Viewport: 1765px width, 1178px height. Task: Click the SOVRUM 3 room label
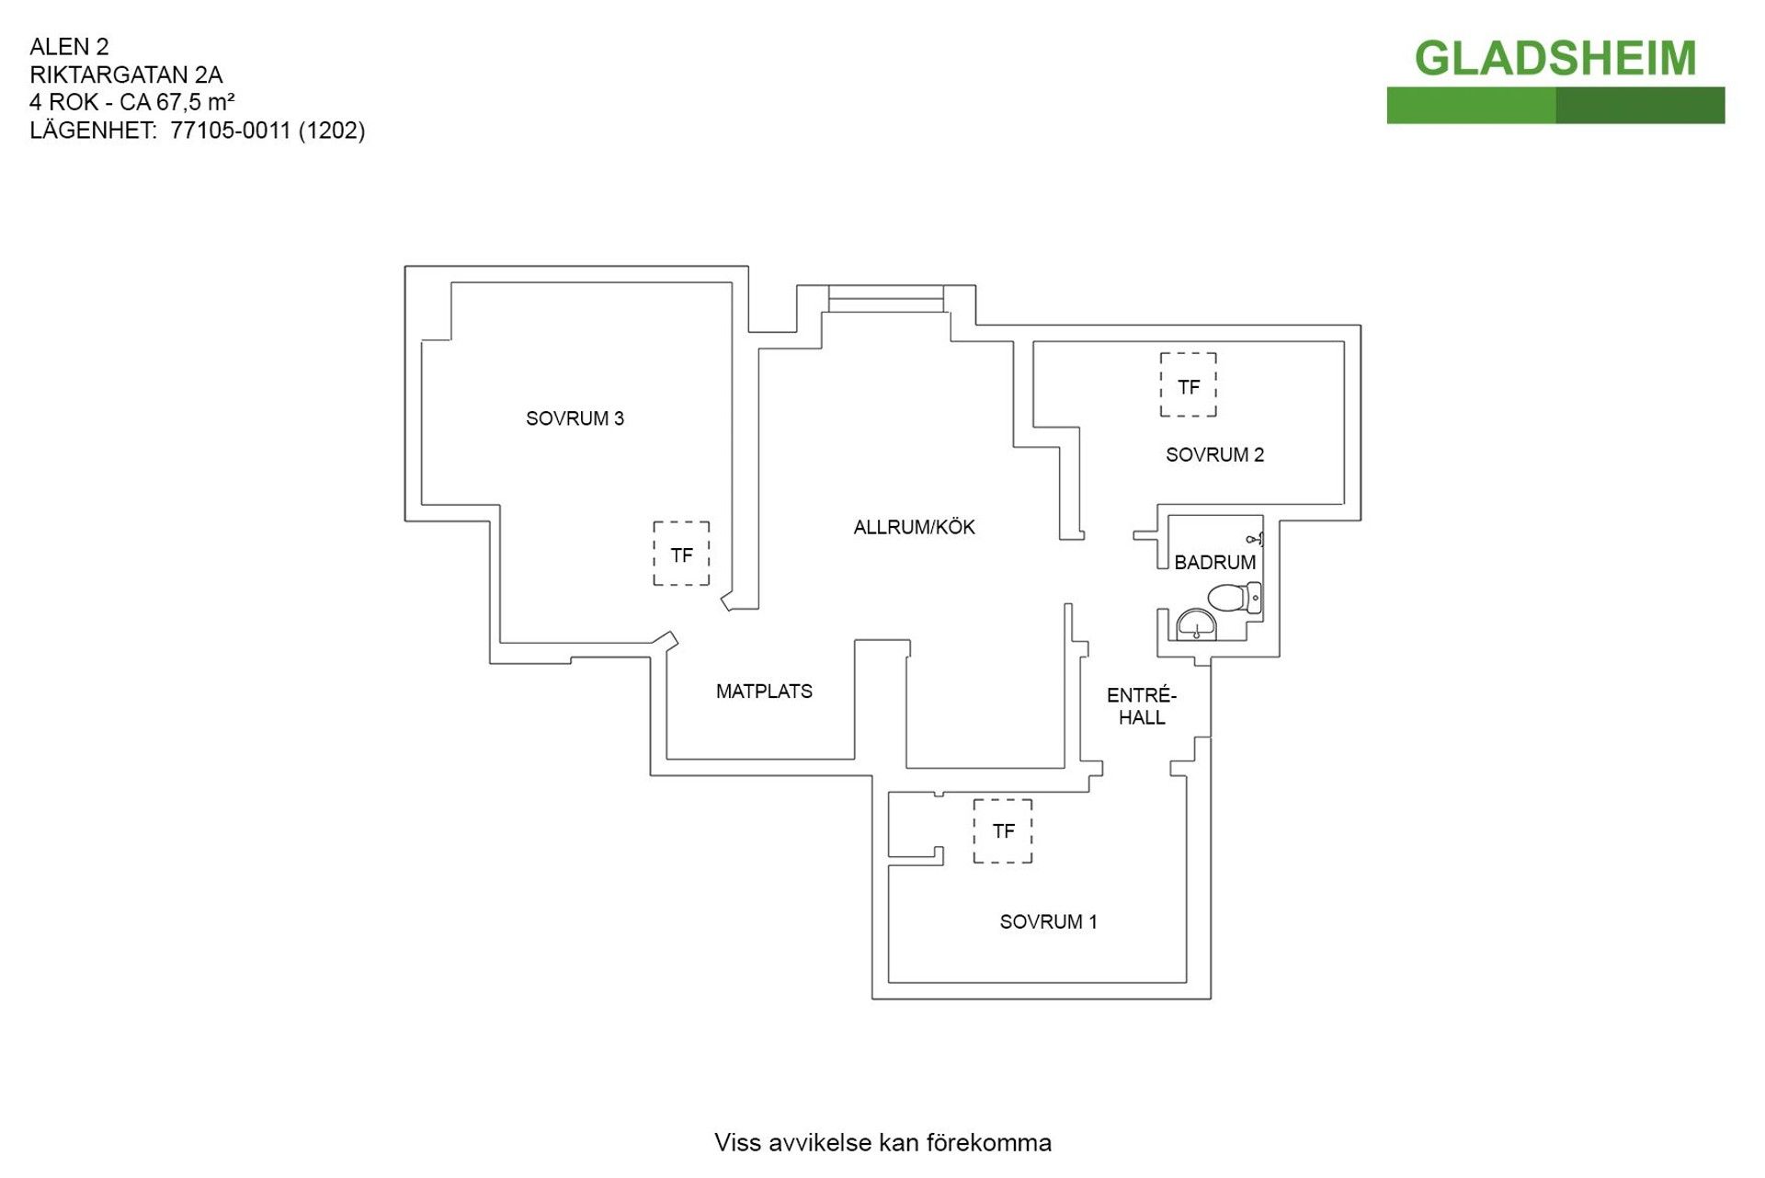575,418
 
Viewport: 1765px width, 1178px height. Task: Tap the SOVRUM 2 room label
1214,454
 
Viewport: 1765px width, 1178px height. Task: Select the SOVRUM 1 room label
1048,921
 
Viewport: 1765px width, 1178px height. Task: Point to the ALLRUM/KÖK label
914,527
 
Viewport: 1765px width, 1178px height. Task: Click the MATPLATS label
764,692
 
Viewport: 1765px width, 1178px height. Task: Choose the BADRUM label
1214,562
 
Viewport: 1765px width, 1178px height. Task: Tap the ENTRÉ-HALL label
1142,706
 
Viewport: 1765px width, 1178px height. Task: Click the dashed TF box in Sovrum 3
681,554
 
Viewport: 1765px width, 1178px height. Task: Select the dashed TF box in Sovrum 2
1188,385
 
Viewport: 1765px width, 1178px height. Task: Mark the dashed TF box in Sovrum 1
1003,831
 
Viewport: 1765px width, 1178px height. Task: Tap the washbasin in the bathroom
1197,624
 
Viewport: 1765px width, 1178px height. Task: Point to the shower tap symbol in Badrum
1254,539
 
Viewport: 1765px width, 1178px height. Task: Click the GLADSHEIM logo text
1554,59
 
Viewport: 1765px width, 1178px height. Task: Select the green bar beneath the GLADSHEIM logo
1554,106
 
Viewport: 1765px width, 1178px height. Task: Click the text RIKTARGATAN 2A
126,74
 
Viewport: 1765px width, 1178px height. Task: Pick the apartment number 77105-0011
230,131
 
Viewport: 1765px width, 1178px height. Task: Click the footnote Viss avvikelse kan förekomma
882,1143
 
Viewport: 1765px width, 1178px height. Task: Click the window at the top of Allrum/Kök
885,299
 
